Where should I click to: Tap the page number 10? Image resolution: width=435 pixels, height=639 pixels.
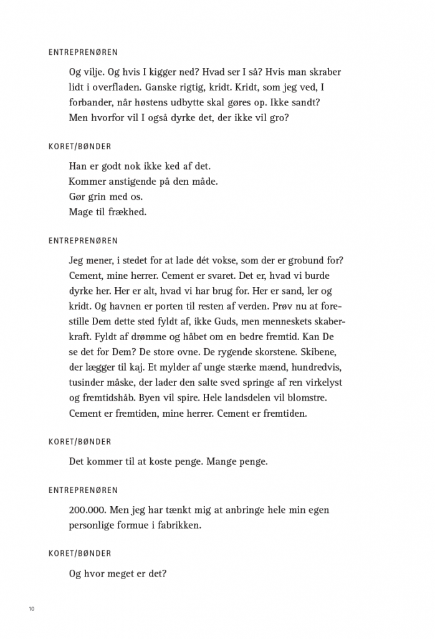coord(31,609)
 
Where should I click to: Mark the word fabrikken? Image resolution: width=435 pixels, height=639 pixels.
coord(180,525)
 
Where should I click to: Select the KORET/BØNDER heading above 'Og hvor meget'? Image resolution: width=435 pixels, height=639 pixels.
coord(80,554)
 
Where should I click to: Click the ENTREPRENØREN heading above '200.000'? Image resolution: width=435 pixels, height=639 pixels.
coord(83,490)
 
